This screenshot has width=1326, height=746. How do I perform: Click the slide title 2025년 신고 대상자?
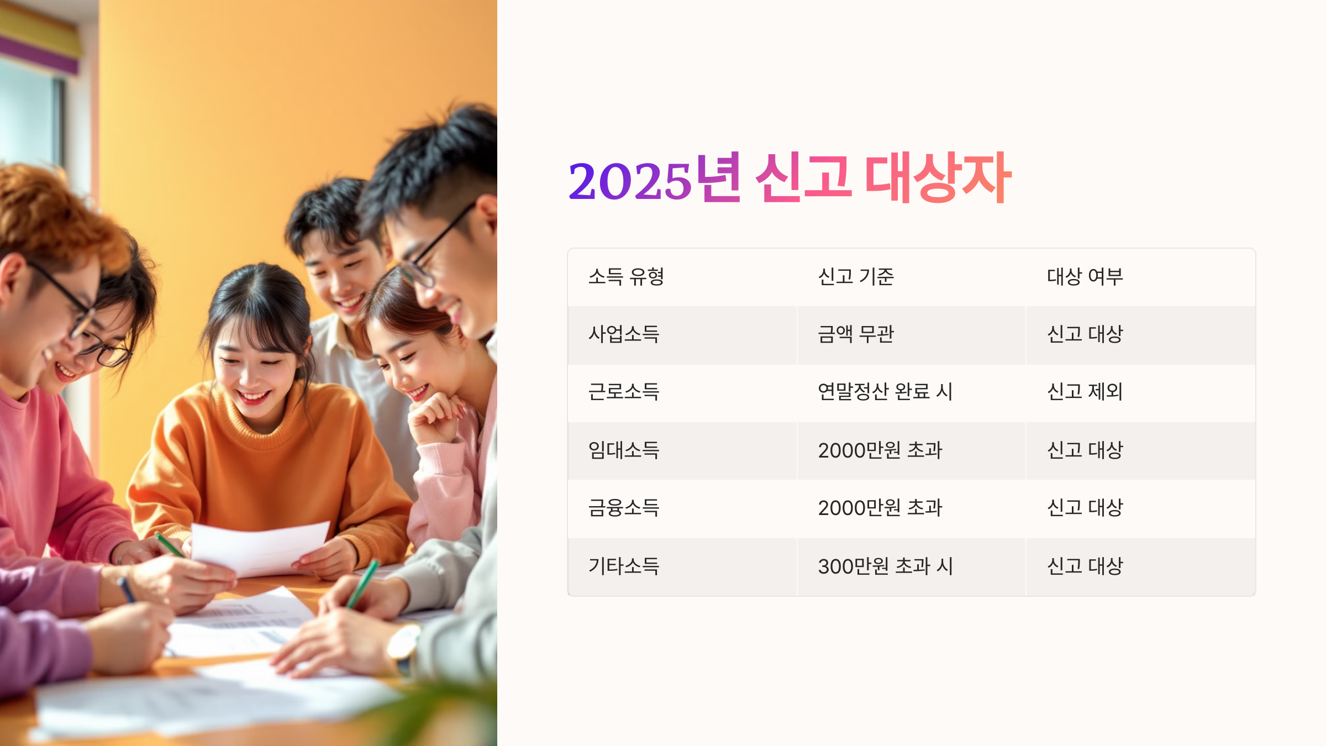click(790, 178)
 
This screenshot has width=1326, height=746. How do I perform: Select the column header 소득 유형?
click(626, 277)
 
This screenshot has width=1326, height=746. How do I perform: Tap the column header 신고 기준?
click(856, 277)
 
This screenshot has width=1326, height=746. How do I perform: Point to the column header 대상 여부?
click(1085, 277)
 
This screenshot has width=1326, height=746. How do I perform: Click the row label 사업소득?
click(624, 334)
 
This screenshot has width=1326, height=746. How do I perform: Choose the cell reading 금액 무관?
click(856, 334)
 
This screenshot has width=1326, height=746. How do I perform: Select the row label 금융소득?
click(624, 508)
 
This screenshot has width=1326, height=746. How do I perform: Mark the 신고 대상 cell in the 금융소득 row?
click(1085, 508)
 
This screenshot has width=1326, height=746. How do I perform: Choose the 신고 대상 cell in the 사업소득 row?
click(1085, 334)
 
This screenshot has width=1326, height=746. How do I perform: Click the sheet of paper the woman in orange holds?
click(260, 547)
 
